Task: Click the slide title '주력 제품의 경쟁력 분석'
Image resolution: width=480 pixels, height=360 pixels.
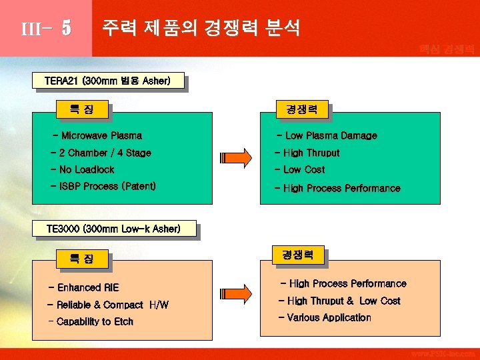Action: (200, 27)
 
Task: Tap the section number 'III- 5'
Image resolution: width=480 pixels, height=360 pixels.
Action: (46, 29)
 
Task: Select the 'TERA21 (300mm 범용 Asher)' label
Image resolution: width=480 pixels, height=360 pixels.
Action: (107, 81)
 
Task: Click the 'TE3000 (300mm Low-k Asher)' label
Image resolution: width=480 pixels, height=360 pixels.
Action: (113, 229)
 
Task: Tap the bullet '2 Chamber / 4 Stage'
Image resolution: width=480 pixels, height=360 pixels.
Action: (101, 153)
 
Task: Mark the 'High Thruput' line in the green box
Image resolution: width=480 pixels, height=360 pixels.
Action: (307, 153)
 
